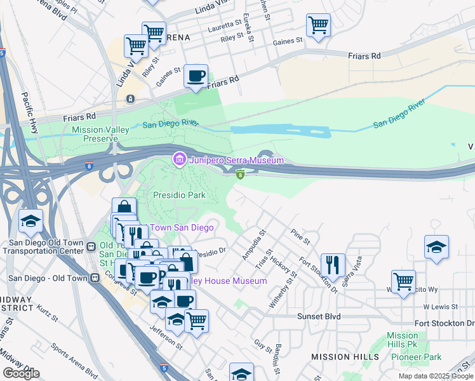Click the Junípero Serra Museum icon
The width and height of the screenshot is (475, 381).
pyautogui.click(x=179, y=160)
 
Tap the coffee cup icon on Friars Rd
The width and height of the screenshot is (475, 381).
pyautogui.click(x=196, y=77)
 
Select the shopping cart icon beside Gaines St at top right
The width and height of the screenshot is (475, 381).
pyautogui.click(x=318, y=26)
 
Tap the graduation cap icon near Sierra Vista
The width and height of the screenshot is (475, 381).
pyautogui.click(x=436, y=247)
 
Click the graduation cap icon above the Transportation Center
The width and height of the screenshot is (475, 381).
pyautogui.click(x=30, y=221)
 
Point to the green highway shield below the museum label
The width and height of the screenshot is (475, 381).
pyautogui.click(x=241, y=174)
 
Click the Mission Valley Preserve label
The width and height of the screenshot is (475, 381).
pyautogui.click(x=100, y=134)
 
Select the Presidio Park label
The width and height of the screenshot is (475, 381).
pyautogui.click(x=180, y=195)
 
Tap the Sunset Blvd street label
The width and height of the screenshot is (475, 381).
pyautogui.click(x=319, y=316)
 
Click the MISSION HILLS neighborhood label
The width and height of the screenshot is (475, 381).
pyautogui.click(x=345, y=357)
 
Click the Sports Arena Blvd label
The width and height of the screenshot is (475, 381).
pyautogui.click(x=74, y=361)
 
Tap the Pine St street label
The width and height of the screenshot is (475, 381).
pyautogui.click(x=300, y=237)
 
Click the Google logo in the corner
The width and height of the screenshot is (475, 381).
pyautogui.click(x=21, y=373)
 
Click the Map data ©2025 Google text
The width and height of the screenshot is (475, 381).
pyautogui.click(x=435, y=376)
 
